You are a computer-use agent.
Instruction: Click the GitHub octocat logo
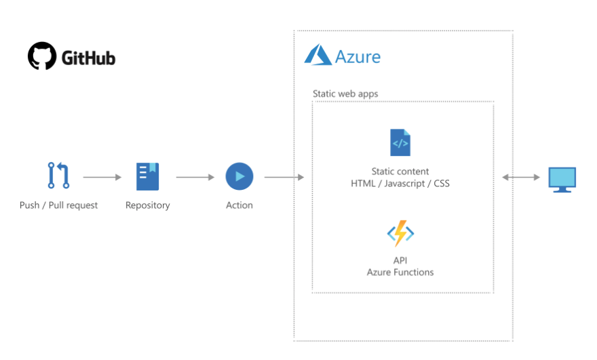(42, 57)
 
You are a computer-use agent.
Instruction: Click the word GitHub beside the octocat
(89, 58)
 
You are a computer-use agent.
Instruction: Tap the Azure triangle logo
(317, 55)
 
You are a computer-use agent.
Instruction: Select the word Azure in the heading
(358, 56)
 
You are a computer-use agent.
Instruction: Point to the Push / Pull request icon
(58, 176)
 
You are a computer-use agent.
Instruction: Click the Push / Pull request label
(58, 205)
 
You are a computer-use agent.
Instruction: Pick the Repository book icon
(147, 176)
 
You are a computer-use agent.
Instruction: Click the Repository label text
(147, 205)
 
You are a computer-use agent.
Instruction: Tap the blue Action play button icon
(239, 176)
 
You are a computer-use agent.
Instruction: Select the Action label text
(239, 205)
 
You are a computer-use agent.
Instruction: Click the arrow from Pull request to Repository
(102, 178)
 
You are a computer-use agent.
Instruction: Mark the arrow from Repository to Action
(195, 178)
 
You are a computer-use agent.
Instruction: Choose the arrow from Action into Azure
(284, 178)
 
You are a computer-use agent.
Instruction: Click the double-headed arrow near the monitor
(521, 178)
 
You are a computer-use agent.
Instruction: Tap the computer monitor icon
(562, 179)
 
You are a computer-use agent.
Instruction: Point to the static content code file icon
(400, 142)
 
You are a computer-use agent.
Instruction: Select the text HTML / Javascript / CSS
(400, 184)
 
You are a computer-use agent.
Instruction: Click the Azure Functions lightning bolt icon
(400, 234)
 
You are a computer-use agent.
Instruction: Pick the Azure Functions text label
(400, 273)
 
